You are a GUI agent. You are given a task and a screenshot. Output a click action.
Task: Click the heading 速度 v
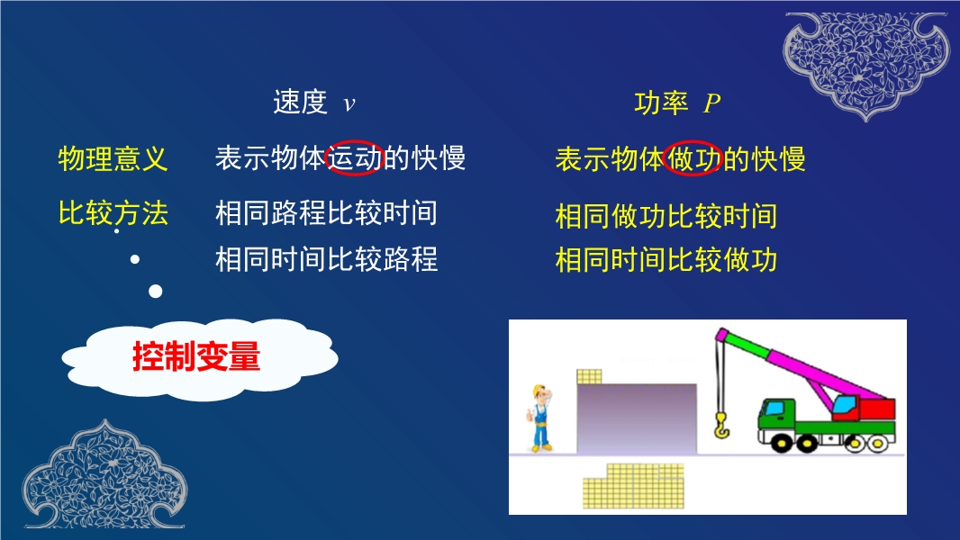tap(314, 102)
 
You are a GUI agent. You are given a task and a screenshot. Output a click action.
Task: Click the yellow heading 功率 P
tap(677, 103)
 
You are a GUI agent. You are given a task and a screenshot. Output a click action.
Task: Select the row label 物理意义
tap(113, 159)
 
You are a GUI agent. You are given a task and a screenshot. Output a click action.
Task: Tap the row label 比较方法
tap(113, 213)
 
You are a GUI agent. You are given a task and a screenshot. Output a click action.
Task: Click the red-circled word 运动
tap(355, 157)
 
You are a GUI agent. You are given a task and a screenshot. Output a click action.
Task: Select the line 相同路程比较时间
tap(326, 213)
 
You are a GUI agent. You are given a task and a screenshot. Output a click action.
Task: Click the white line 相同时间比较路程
tap(326, 259)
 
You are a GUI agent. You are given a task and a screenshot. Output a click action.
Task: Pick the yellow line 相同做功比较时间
tap(666, 217)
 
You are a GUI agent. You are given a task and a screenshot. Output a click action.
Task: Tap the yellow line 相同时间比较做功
tap(666, 260)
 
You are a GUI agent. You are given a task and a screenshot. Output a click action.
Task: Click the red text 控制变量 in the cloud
tap(196, 356)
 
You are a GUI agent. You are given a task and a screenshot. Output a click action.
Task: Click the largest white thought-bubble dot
tap(156, 291)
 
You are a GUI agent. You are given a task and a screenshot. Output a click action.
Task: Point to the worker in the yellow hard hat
tap(540, 418)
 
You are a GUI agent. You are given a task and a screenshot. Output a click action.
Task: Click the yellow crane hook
tap(722, 425)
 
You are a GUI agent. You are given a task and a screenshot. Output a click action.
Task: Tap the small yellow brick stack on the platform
tap(589, 376)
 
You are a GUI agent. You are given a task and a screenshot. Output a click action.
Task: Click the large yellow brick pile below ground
tap(633, 487)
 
